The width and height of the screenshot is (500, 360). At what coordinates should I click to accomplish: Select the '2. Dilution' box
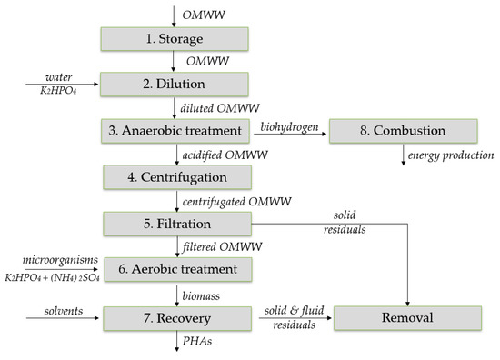click(x=173, y=85)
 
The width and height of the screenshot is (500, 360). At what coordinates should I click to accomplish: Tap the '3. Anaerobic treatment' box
click(x=173, y=131)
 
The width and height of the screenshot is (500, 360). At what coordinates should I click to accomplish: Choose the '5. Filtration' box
click(x=173, y=223)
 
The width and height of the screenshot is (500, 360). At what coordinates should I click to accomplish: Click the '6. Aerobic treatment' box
click(x=173, y=269)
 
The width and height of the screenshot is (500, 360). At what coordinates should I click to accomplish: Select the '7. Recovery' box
click(x=173, y=318)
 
